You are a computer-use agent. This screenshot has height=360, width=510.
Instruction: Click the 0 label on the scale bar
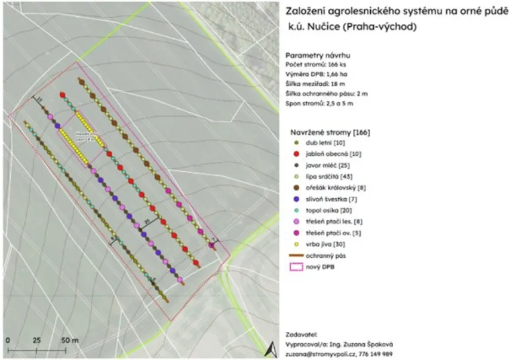(8, 340)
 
